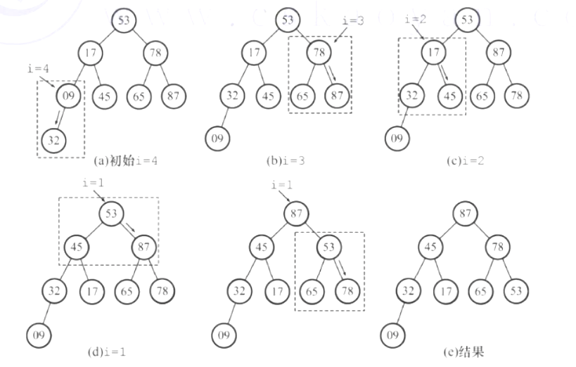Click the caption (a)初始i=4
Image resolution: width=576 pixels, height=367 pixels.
pyautogui.click(x=125, y=160)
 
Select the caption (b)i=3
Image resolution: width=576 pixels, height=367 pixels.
pyautogui.click(x=285, y=160)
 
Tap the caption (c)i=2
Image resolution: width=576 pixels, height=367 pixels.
pyautogui.click(x=466, y=160)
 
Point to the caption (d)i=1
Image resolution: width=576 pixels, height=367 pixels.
pyautogui.click(x=107, y=352)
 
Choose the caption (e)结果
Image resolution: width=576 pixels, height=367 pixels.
pyautogui.click(x=465, y=352)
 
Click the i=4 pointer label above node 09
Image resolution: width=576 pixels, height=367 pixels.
pyautogui.click(x=37, y=68)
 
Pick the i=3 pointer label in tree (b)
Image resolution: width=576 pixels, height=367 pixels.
pyautogui.click(x=352, y=21)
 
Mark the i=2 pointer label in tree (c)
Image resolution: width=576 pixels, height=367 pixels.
pyautogui.click(x=416, y=19)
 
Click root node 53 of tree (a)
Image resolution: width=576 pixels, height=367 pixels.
pyautogui.click(x=123, y=20)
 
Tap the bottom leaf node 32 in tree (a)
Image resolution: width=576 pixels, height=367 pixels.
pyautogui.click(x=53, y=141)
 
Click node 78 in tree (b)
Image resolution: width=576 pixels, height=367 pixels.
pyautogui.click(x=319, y=53)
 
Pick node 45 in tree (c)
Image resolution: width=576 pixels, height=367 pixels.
pyautogui.click(x=451, y=96)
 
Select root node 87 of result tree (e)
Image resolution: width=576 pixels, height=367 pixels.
pyautogui.click(x=466, y=212)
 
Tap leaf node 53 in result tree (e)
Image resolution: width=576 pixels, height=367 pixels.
pyautogui.click(x=517, y=290)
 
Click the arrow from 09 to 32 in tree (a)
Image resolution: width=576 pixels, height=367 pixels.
pyautogui.click(x=58, y=117)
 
